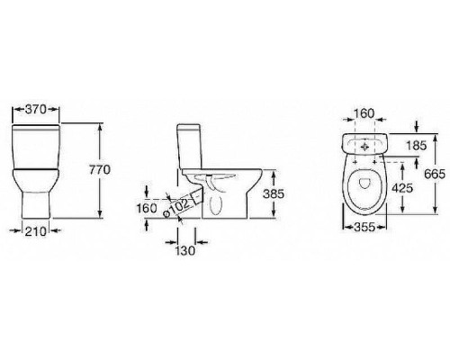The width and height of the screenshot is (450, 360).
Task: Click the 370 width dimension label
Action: [36, 110]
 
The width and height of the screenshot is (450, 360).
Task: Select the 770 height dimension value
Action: [100, 170]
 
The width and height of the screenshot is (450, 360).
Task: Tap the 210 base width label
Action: [36, 231]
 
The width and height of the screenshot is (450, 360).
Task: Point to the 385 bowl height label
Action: [274, 194]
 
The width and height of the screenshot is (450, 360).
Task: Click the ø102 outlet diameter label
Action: [176, 208]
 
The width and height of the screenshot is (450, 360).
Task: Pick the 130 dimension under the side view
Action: [185, 251]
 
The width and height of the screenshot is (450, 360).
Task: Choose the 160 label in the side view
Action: [147, 208]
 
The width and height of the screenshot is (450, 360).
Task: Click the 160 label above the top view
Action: [364, 113]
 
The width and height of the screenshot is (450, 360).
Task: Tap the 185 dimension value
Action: [416, 146]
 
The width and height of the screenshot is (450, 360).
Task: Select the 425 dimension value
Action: [402, 188]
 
